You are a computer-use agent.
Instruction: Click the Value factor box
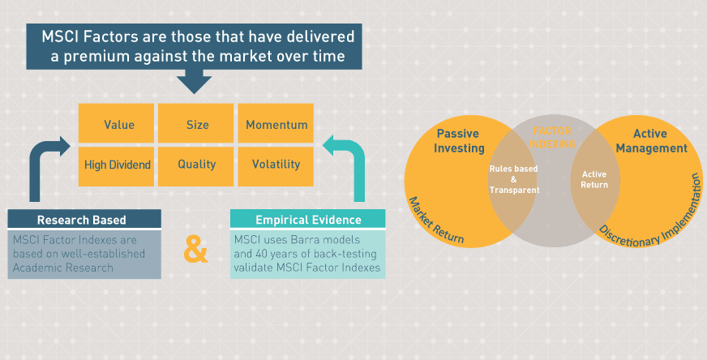118,125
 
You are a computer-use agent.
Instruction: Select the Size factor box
197,125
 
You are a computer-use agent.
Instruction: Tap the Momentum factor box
276,125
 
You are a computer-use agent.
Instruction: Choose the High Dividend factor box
118,165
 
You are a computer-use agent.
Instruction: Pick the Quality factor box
197,165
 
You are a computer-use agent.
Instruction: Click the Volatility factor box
276,165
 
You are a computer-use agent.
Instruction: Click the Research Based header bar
84,220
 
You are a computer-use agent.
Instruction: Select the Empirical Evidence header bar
307,220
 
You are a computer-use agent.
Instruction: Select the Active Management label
657,140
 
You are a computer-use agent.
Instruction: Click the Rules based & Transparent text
513,179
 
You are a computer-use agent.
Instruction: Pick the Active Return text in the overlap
594,179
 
